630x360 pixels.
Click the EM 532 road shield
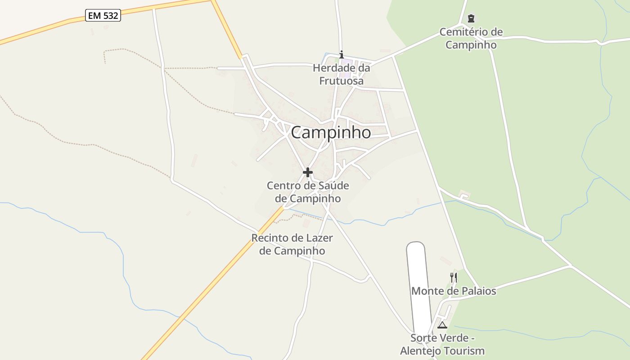tap(103, 16)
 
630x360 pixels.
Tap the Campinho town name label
tap(331, 132)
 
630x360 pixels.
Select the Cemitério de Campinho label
tap(471, 38)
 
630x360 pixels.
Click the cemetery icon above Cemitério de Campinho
tap(471, 18)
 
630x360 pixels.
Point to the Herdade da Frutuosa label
tap(342, 74)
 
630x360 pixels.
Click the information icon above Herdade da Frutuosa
tap(342, 55)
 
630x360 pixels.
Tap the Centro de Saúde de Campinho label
tap(308, 192)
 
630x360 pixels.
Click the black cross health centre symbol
tap(308, 172)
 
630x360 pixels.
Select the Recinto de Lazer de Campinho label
tap(292, 244)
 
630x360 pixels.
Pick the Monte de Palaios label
tap(454, 291)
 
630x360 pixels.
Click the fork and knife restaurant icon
tap(454, 277)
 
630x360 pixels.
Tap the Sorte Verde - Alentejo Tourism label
tap(442, 344)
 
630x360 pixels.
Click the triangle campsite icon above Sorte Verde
tap(442, 325)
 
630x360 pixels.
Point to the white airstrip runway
tap(418, 283)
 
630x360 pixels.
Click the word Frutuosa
tap(342, 81)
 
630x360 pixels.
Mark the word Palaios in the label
tap(478, 291)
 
